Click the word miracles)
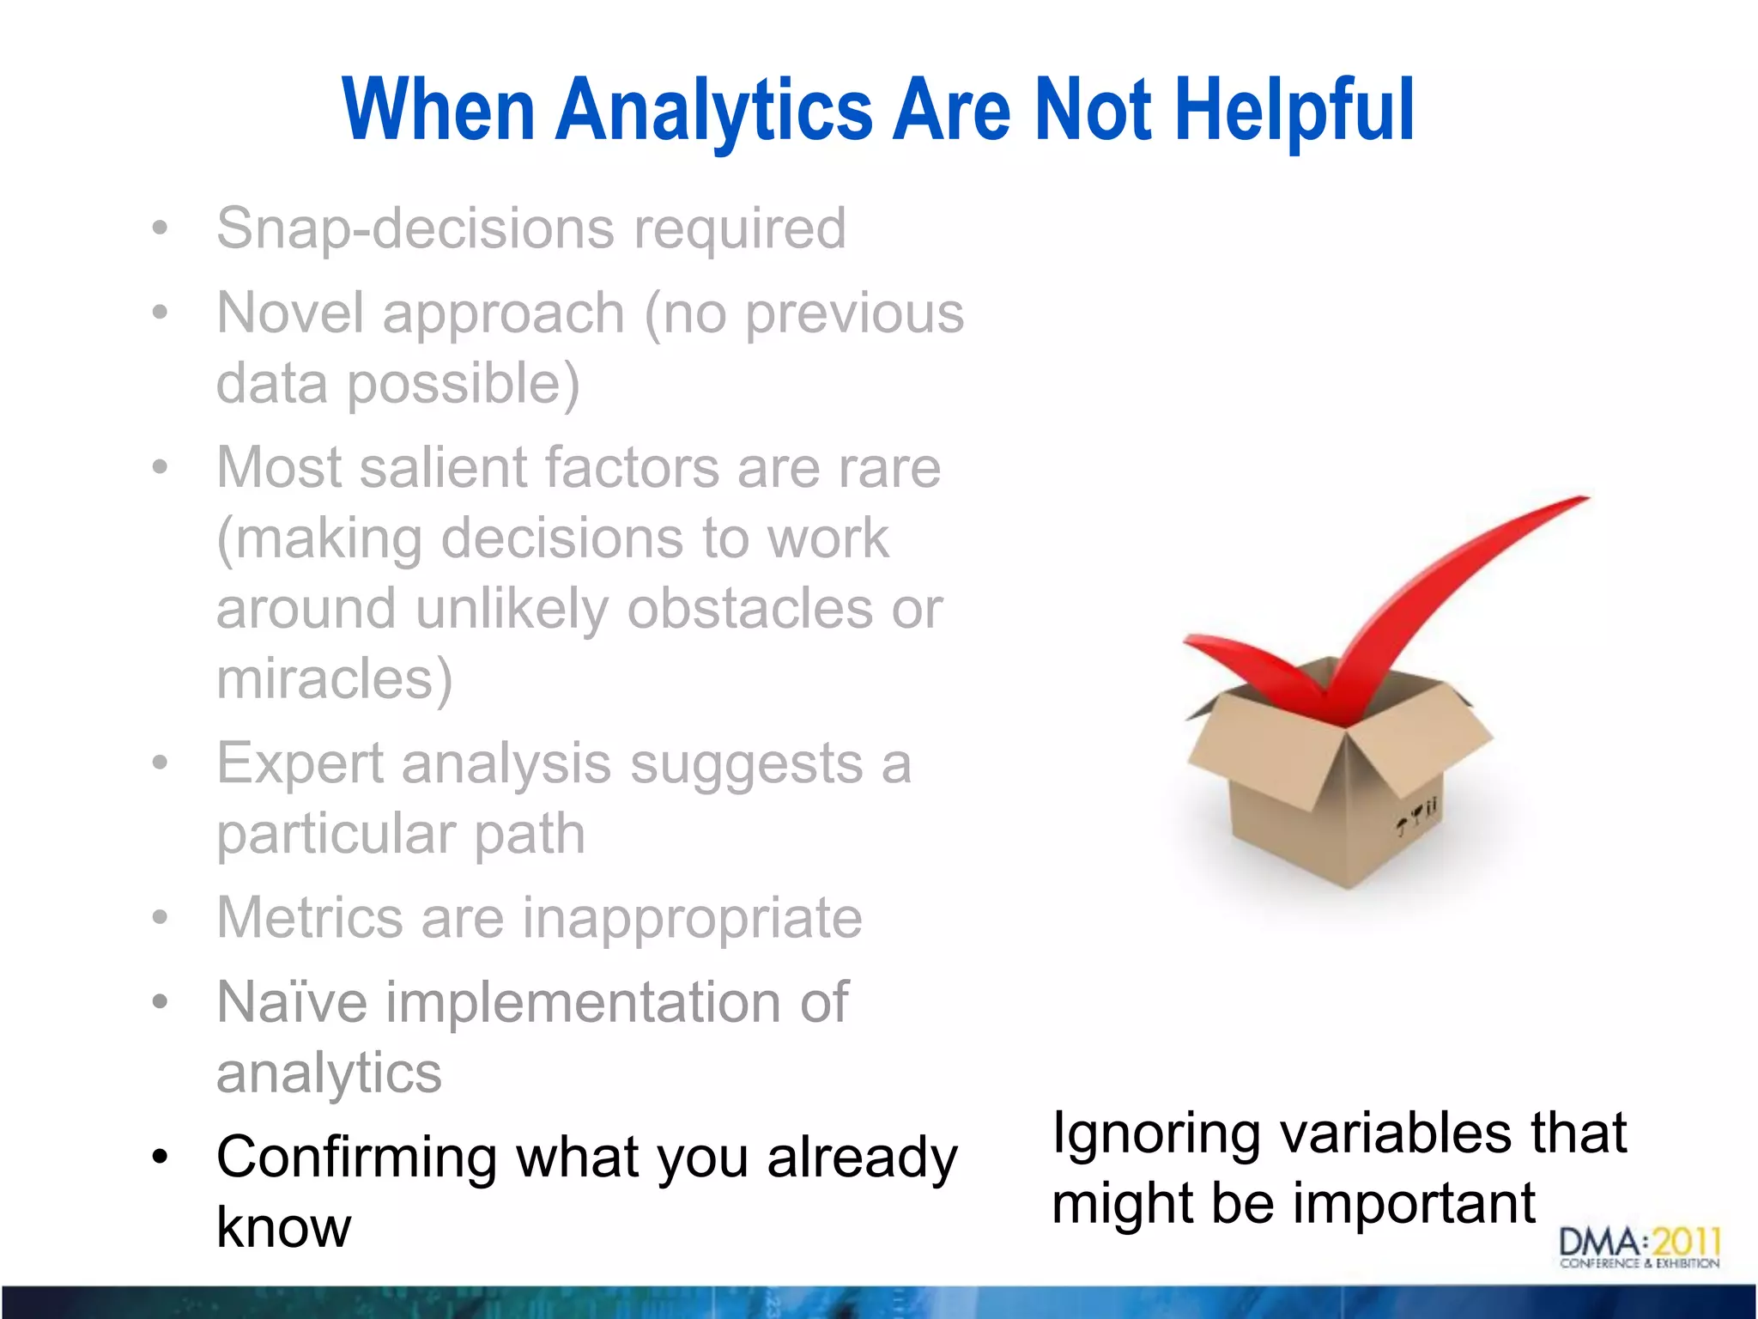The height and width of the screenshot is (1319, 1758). point(334,679)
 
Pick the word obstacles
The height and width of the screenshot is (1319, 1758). point(749,609)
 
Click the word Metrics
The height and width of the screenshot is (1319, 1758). point(310,918)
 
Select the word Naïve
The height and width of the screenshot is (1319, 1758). point(292,1002)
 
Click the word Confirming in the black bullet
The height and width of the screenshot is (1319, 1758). point(356,1158)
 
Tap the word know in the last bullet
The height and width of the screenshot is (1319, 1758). point(283,1228)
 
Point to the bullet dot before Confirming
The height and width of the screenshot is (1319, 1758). point(160,1158)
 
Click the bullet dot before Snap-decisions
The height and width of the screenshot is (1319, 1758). point(160,228)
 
